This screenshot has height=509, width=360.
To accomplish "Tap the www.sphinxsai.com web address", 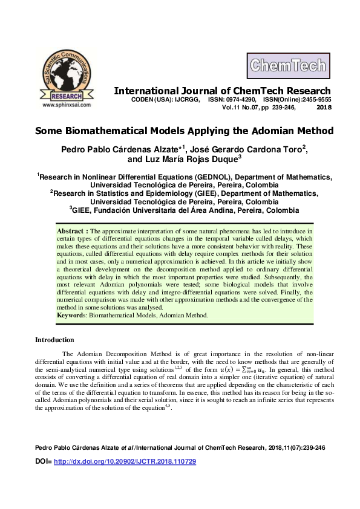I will point(67,105).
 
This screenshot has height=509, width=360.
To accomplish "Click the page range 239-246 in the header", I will point(282,108).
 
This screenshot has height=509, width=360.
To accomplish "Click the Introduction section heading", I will point(54,340).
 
